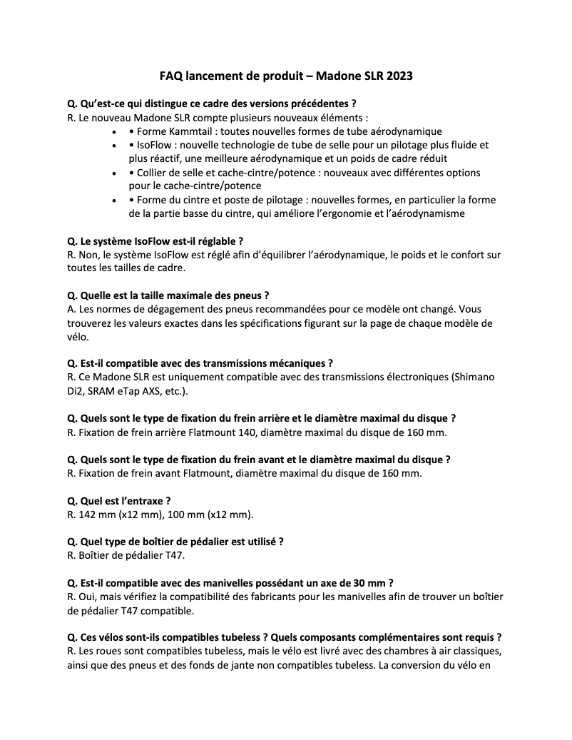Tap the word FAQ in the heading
[171, 76]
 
